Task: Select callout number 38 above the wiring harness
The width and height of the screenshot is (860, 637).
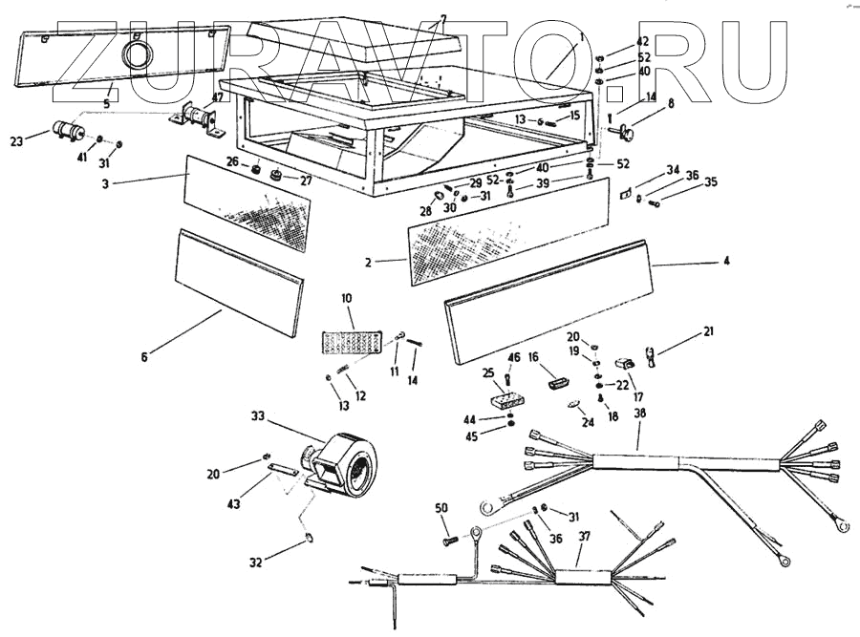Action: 639,414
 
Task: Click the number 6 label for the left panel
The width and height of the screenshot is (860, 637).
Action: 144,357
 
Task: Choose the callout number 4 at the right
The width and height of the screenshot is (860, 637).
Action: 725,260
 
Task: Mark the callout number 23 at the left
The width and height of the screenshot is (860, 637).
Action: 16,142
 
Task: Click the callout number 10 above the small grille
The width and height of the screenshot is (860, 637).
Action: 346,298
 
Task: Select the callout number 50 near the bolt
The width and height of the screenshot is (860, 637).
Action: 441,507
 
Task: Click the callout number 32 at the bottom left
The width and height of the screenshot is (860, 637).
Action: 255,563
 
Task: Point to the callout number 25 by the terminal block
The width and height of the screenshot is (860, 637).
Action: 488,372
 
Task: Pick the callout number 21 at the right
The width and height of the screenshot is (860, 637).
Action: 708,331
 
